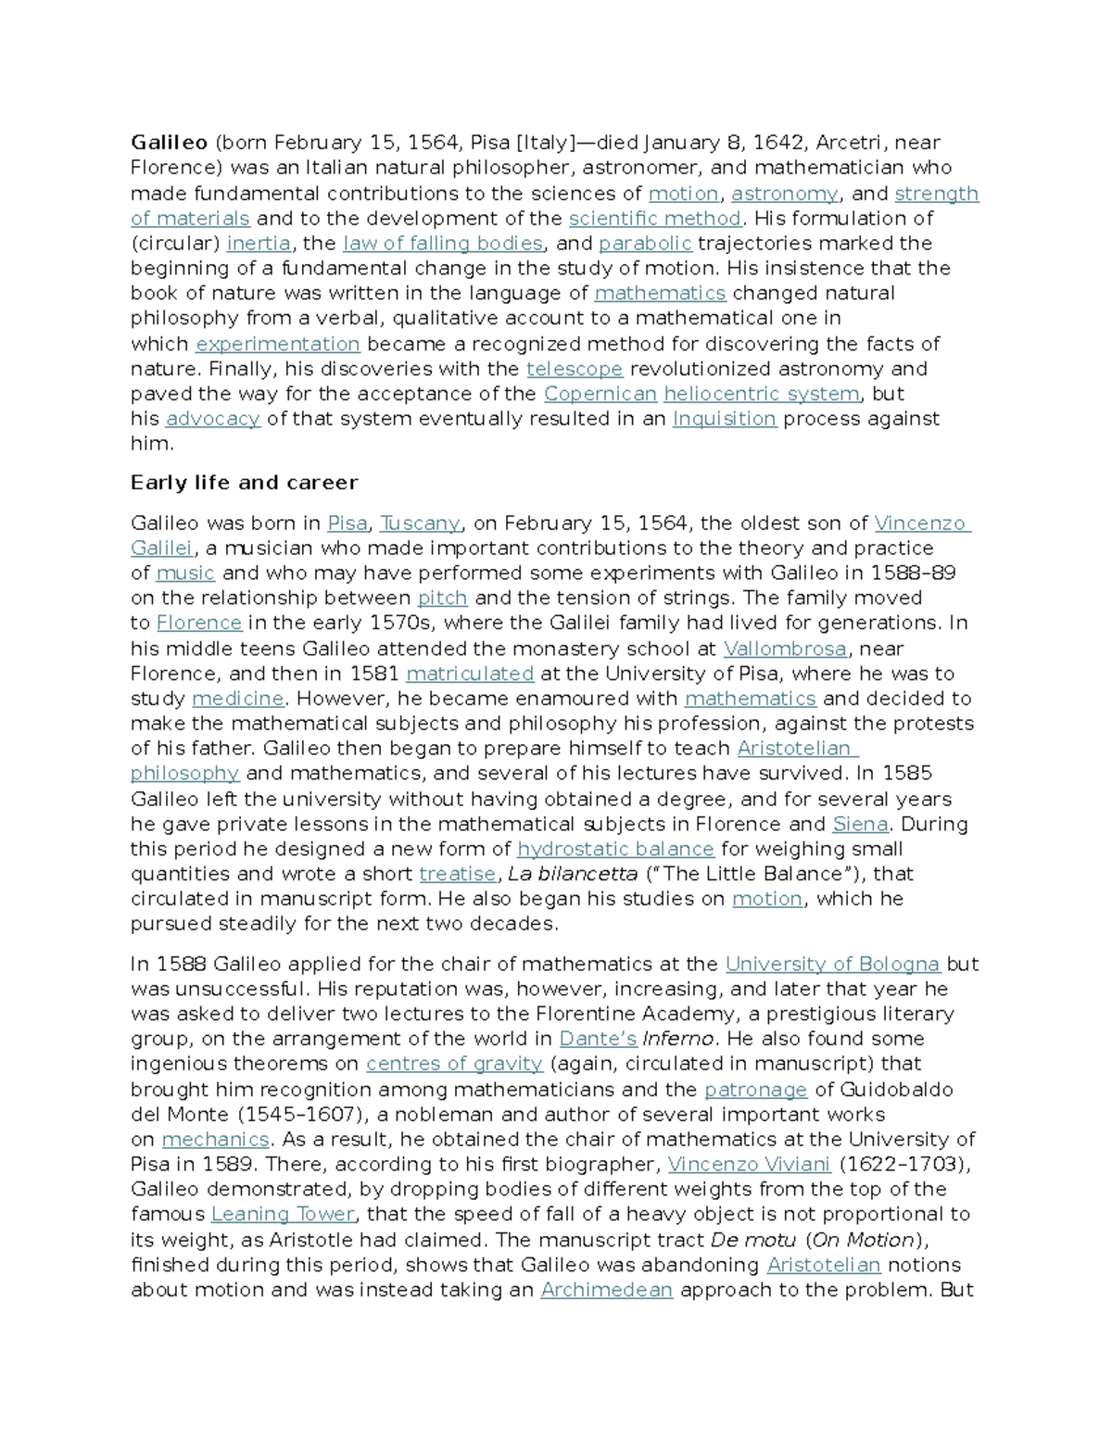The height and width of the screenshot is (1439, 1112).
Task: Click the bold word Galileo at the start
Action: [169, 143]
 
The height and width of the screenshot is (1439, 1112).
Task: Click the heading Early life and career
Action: [244, 483]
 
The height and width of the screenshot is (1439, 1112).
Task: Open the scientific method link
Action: [654, 219]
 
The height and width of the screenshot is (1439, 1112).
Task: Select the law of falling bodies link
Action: [442, 244]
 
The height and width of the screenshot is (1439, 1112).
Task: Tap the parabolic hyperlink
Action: [645, 244]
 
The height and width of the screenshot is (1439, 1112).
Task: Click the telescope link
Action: [575, 369]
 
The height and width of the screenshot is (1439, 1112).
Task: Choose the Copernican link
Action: [600, 394]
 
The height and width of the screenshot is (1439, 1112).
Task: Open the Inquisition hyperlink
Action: [724, 419]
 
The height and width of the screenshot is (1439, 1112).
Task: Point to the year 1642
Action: [777, 143]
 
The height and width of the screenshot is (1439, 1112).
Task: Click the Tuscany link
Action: [420, 524]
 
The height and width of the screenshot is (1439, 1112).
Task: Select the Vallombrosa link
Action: [785, 649]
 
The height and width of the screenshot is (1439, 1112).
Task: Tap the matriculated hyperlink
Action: [470, 674]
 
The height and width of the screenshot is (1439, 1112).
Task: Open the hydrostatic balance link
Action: [615, 849]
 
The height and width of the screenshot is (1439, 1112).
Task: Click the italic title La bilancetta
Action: [573, 874]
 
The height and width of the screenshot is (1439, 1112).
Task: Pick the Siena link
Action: [860, 824]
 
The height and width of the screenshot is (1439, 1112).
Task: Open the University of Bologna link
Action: [832, 965]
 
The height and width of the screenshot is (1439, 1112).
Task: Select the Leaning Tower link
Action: [283, 1215]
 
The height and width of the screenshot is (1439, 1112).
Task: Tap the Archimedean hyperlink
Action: [606, 1290]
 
